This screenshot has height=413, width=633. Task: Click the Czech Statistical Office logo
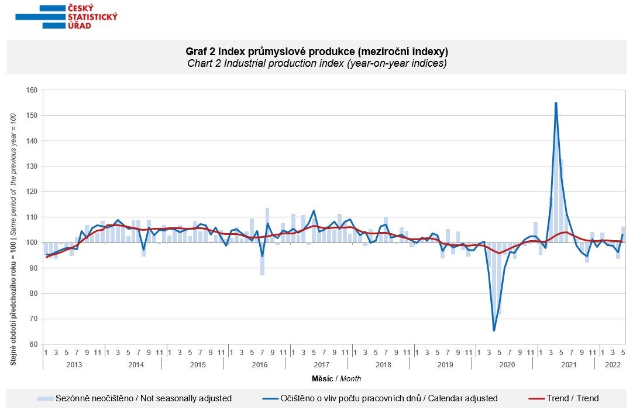pyautogui.click(x=66, y=16)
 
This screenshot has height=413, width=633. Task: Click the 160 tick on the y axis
pyautogui.click(x=32, y=90)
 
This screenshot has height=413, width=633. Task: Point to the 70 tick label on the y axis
pyautogui.click(x=33, y=319)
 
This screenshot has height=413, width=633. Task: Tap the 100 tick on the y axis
pyautogui.click(x=32, y=243)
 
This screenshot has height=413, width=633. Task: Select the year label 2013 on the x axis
pyautogui.click(x=74, y=364)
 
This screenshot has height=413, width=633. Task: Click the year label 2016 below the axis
pyautogui.click(x=259, y=364)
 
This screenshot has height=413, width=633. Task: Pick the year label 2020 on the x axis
pyautogui.click(x=506, y=364)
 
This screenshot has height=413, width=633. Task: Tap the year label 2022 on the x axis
pyautogui.click(x=613, y=364)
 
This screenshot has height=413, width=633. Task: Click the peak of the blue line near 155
pyautogui.click(x=556, y=103)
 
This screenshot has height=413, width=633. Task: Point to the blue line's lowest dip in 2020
pyautogui.click(x=494, y=330)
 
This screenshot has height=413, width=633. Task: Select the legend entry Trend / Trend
pyautogui.click(x=573, y=398)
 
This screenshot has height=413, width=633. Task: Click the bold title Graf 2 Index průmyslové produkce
pyautogui.click(x=316, y=51)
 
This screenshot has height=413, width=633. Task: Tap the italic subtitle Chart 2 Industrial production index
pyautogui.click(x=316, y=63)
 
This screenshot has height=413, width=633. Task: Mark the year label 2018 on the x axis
pyautogui.click(x=383, y=364)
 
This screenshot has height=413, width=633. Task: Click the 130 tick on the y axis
pyautogui.click(x=32, y=166)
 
